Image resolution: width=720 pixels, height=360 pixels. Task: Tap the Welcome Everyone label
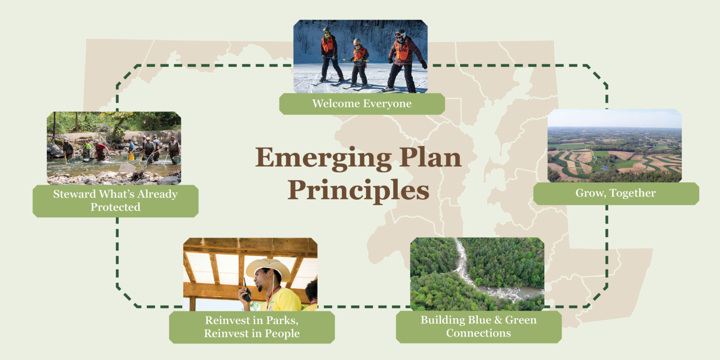[x=362, y=103]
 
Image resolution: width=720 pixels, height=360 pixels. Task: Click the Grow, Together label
[x=616, y=193]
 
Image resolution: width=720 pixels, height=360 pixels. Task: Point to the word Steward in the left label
[x=74, y=194]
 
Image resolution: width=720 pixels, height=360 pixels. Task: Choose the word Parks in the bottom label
[x=282, y=320]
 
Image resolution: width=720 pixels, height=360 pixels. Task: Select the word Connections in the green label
[x=478, y=333]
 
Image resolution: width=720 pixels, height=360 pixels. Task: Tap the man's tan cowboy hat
[x=268, y=268]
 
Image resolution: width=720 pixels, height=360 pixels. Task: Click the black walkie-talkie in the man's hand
[x=246, y=291]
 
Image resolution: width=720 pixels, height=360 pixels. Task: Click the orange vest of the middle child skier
[x=360, y=54]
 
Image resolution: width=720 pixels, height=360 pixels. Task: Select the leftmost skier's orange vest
[x=328, y=44]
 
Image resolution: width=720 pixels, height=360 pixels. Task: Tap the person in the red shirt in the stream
[x=100, y=150]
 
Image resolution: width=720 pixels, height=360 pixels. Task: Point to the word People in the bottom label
[x=282, y=333]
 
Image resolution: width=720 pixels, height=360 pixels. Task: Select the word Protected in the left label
[x=115, y=207]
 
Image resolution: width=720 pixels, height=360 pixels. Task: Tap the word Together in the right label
[x=633, y=193]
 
